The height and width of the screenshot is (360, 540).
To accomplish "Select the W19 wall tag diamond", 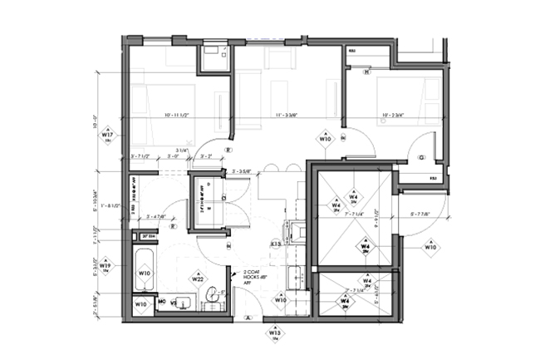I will [x=106, y=268].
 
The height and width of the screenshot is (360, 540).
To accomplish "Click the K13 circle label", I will [x=276, y=244].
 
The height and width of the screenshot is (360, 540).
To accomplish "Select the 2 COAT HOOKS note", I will [x=250, y=275].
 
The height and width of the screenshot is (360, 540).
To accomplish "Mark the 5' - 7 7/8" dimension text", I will [x=425, y=214].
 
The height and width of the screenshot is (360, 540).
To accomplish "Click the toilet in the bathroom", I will [x=214, y=294].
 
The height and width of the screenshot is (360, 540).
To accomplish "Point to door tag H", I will [x=228, y=246].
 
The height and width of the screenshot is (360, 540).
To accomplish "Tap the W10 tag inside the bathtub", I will [x=145, y=273].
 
